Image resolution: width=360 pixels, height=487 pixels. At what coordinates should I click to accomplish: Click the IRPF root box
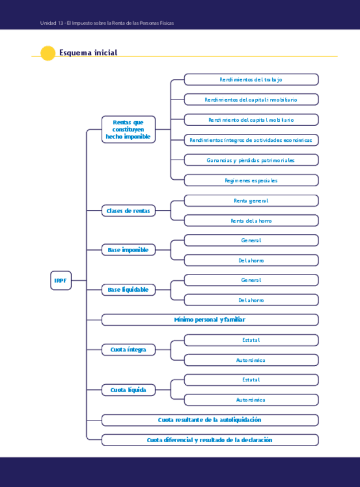click(60, 280)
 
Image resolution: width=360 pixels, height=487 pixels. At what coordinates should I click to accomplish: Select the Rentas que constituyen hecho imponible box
click(128, 129)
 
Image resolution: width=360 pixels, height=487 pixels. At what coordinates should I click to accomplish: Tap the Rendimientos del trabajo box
click(251, 79)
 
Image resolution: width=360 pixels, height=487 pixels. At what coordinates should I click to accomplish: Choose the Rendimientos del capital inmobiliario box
click(251, 99)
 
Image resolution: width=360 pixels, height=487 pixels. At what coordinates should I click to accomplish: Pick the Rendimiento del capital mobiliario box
click(251, 119)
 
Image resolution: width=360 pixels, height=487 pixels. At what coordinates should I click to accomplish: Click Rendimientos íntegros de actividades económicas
click(251, 140)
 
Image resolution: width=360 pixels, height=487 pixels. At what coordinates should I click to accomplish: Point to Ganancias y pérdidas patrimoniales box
click(251, 160)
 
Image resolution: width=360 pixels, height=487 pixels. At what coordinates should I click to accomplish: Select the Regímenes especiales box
click(251, 180)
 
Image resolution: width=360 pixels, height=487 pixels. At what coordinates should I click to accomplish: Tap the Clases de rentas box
click(128, 211)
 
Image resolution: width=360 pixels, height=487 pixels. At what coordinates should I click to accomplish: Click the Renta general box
click(251, 200)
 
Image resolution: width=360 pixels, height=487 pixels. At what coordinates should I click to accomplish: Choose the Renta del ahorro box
click(251, 221)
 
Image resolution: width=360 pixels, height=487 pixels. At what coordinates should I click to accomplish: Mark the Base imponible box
click(128, 250)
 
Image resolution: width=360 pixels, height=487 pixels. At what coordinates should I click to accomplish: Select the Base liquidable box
click(128, 289)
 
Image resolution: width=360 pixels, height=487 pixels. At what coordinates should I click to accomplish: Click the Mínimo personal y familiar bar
click(210, 319)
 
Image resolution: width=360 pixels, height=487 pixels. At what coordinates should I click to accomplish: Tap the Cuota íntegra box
click(128, 349)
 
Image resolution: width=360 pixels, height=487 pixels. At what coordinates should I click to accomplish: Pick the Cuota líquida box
click(128, 390)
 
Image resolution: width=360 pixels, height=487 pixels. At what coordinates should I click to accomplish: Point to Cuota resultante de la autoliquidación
click(210, 420)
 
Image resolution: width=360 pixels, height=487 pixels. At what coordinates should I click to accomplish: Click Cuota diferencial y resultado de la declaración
click(210, 440)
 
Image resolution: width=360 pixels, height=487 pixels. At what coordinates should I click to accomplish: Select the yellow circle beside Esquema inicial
click(48, 53)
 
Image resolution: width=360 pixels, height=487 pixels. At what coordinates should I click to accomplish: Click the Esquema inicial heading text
click(88, 53)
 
